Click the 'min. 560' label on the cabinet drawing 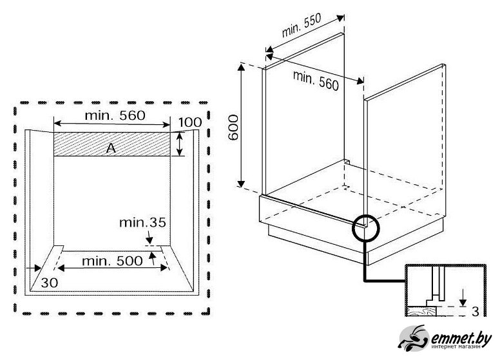(x=316, y=81)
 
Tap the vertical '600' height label (x=233, y=128)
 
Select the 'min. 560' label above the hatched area (x=115, y=115)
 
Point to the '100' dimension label (x=189, y=122)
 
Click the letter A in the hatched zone (x=111, y=148)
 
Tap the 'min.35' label (x=142, y=223)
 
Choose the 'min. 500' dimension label (x=112, y=261)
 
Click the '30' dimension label (x=50, y=283)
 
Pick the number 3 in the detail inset (x=475, y=312)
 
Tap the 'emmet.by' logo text (x=461, y=339)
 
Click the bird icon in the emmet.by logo (x=414, y=337)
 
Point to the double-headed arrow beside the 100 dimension (x=180, y=144)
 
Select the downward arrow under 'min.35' (x=149, y=238)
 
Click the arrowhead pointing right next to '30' (x=37, y=269)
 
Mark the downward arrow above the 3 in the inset (x=463, y=297)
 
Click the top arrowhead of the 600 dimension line (x=241, y=67)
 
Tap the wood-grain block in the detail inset (x=421, y=311)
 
